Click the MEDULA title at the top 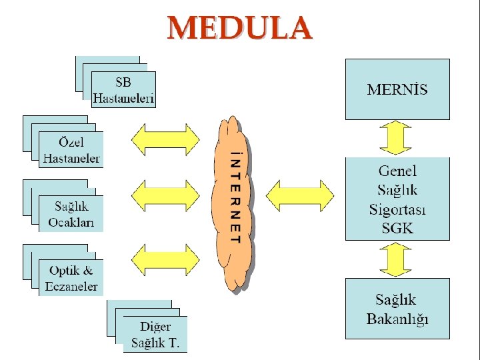pyautogui.click(x=239, y=29)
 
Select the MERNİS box pyautogui.click(x=397, y=89)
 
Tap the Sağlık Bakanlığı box pyautogui.click(x=397, y=309)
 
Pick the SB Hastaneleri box pyautogui.click(x=123, y=91)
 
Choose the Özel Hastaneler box pyautogui.click(x=71, y=151)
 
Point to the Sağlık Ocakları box pyautogui.click(x=71, y=214)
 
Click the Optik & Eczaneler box pyautogui.click(x=71, y=279)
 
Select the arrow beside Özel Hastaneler pyautogui.click(x=165, y=138)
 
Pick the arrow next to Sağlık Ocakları pyautogui.click(x=165, y=196)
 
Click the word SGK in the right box pyautogui.click(x=397, y=227)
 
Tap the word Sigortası pyautogui.click(x=397, y=209)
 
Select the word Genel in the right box pyautogui.click(x=397, y=171)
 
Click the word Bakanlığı pyautogui.click(x=397, y=318)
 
